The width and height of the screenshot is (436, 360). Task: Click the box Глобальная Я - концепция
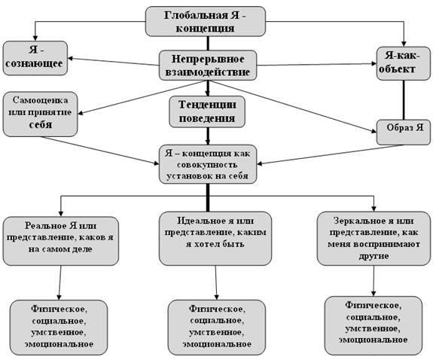tap(206, 21)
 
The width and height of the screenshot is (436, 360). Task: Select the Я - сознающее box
tap(35, 58)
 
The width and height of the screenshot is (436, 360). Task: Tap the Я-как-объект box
tap(404, 63)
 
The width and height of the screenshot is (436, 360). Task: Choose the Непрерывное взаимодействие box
tap(208, 66)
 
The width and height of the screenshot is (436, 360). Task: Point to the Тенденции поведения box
tap(207, 111)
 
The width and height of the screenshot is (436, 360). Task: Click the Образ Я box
tap(404, 132)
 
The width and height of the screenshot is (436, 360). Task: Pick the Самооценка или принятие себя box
tap(41, 114)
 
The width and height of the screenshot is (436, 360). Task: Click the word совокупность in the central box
tap(207, 164)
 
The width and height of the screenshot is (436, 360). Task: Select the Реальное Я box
tap(61, 241)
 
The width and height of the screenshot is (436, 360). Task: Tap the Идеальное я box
tap(215, 239)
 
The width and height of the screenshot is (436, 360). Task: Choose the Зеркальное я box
tap(373, 239)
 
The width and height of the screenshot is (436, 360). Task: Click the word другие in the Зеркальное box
tap(373, 256)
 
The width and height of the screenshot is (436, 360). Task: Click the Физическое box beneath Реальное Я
tap(59, 327)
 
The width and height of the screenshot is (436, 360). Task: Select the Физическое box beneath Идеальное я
tap(217, 327)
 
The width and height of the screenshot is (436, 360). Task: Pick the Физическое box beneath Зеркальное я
tap(373, 325)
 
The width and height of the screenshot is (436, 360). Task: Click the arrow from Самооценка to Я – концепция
tap(100, 150)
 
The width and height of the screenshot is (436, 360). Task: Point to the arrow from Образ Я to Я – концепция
tap(330, 154)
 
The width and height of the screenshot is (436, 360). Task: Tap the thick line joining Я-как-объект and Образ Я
tap(404, 100)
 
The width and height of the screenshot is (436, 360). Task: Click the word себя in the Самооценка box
tap(41, 124)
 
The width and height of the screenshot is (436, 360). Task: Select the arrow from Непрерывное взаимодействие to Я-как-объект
tap(316, 65)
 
